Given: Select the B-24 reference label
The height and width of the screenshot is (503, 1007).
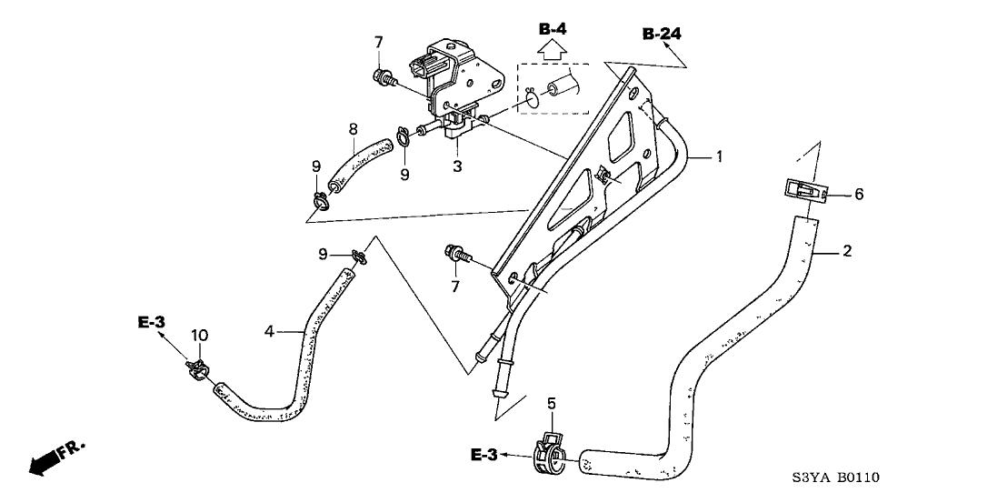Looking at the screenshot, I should click(661, 35).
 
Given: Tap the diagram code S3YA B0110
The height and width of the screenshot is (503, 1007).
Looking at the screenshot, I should click(836, 478).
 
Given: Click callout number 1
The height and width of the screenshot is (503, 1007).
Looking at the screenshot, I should click(718, 156).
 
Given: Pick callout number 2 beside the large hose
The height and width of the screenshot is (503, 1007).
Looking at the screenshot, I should click(846, 251).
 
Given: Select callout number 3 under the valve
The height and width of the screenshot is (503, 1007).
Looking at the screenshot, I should click(458, 166).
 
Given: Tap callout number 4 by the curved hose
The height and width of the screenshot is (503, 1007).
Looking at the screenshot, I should click(269, 332).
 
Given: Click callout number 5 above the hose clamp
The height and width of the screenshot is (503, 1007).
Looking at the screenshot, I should click(550, 403).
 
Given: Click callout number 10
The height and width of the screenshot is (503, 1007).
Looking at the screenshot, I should click(199, 336).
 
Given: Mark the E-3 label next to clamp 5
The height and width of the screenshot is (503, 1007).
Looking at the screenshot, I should click(484, 454).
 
